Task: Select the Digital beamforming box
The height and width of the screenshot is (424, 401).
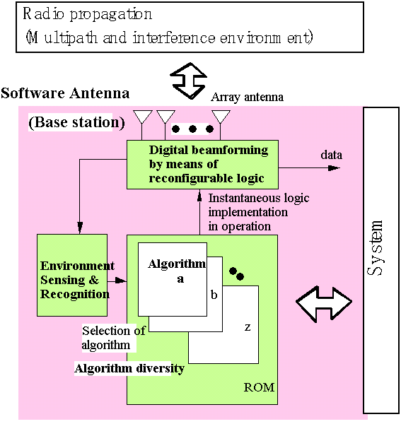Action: tap(203, 165)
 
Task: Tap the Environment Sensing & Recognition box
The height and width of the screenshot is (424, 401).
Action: tap(72, 275)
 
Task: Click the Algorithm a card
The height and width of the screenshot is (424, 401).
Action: tap(173, 279)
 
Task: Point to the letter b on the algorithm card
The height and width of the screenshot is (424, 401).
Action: tap(214, 295)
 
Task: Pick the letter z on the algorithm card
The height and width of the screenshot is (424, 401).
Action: tap(248, 327)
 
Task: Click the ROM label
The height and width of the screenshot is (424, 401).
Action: tap(259, 387)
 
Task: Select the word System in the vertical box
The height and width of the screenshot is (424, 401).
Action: tap(376, 248)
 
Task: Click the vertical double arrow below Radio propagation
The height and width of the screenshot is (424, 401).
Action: tap(189, 81)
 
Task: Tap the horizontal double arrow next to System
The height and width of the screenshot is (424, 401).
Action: tap(324, 304)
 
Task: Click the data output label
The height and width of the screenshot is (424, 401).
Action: tap(332, 155)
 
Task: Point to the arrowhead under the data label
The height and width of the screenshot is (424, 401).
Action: tap(334, 168)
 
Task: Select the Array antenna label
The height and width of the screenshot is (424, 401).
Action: tap(248, 97)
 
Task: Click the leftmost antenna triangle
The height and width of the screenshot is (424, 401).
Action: tap(143, 117)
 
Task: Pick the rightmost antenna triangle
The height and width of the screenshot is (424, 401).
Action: tap(221, 117)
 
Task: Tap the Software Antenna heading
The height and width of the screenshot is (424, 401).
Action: tap(65, 93)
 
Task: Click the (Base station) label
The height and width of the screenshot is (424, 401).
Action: tap(76, 122)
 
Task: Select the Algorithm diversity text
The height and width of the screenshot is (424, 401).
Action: tap(129, 368)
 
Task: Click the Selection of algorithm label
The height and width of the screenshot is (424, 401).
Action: tap(114, 338)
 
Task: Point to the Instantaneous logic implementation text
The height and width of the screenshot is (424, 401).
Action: tap(259, 212)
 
